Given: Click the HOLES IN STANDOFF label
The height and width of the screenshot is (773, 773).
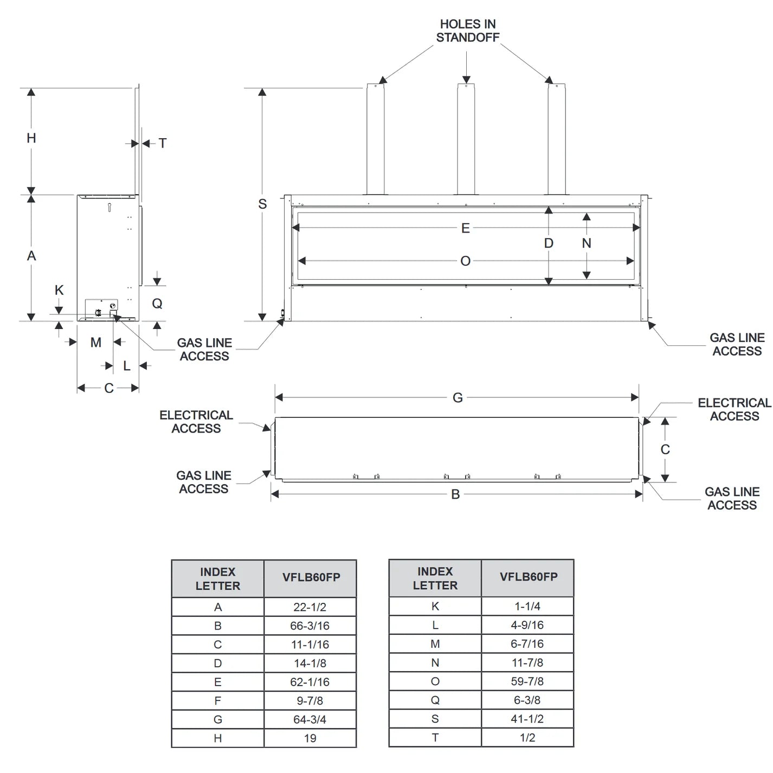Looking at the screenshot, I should click(467, 31).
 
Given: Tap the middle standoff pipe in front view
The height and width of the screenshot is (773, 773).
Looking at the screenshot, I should click(466, 141).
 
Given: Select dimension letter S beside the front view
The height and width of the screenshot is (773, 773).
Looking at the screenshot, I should click(262, 204).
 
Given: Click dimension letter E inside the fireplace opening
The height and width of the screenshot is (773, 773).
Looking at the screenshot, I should click(465, 228).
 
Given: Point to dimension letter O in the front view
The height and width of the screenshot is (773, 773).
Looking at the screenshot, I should click(465, 261).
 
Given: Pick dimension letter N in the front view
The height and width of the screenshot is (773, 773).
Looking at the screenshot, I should click(587, 243).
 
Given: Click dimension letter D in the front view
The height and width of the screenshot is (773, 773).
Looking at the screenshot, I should click(549, 243).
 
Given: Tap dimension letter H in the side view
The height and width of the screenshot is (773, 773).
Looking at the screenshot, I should click(31, 138).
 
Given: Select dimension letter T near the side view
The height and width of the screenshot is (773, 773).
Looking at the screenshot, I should click(163, 144).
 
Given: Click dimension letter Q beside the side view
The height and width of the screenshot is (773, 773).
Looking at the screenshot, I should click(157, 304).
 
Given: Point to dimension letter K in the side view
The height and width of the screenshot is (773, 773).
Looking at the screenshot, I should click(59, 291).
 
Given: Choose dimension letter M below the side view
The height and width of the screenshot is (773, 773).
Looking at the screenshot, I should click(96, 343).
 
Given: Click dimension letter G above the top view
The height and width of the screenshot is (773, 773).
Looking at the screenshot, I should click(458, 398).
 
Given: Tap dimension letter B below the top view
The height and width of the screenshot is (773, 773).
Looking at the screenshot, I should click(455, 494).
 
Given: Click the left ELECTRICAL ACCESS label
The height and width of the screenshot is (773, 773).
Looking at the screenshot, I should click(196, 422).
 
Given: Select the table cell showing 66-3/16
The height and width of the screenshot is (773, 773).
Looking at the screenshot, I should click(310, 626).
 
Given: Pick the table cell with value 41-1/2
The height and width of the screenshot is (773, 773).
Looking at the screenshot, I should click(527, 719).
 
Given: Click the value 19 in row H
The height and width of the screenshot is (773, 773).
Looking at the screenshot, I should click(310, 738).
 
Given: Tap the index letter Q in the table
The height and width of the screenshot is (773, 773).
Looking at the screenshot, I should click(435, 700).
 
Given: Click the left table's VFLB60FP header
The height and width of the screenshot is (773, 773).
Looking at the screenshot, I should click(311, 578).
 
